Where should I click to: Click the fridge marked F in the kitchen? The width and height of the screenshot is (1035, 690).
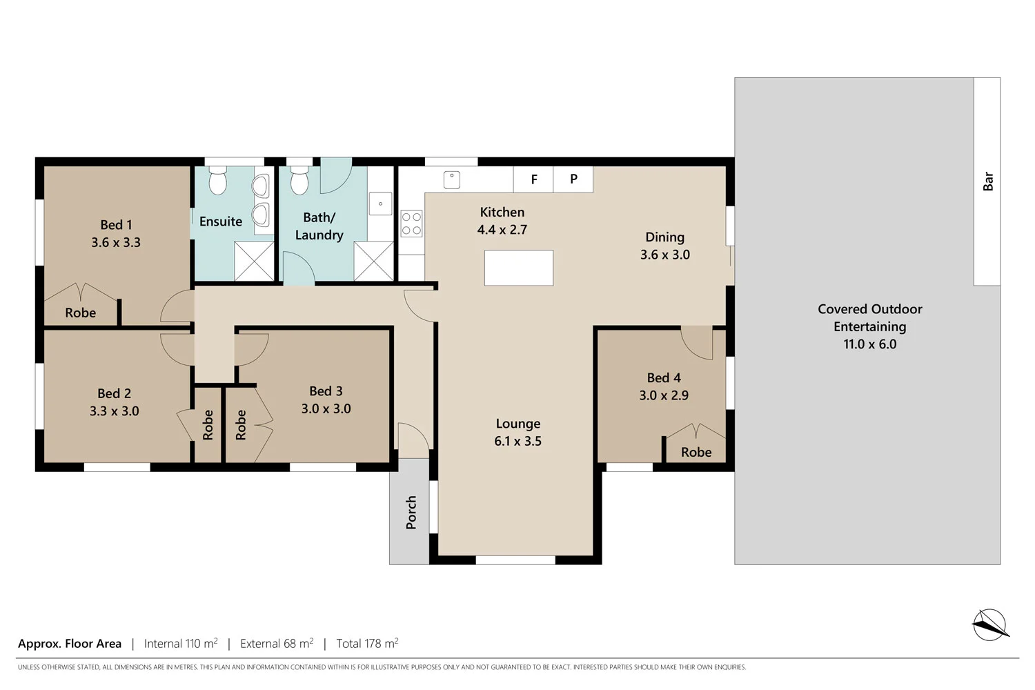[533, 179]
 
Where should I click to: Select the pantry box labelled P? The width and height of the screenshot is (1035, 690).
[573, 179]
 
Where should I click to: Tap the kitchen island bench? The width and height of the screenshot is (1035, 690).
[519, 268]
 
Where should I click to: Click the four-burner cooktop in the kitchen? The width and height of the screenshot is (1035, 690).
[412, 224]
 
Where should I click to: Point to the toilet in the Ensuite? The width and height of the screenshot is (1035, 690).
[218, 181]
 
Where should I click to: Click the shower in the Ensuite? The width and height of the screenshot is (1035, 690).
[254, 261]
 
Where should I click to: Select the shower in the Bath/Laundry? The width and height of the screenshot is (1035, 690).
[373, 261]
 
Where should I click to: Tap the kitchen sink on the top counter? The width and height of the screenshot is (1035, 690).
[452, 179]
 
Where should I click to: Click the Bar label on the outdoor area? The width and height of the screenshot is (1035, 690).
[987, 181]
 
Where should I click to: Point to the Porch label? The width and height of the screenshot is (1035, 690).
[411, 512]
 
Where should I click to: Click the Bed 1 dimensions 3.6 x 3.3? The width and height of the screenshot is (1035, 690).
[116, 242]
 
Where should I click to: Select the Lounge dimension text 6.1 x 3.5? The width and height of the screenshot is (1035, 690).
[517, 441]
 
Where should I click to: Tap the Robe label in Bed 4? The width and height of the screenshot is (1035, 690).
[696, 452]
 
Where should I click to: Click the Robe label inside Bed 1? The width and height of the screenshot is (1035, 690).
[81, 313]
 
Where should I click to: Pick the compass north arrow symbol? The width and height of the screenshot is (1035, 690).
[990, 624]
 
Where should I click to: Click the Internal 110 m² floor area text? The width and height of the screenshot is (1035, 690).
[181, 643]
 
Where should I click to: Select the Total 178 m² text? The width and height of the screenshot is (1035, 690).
[367, 643]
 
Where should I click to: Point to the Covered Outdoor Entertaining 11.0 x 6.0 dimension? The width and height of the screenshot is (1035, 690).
[869, 344]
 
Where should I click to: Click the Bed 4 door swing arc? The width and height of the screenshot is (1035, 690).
[697, 343]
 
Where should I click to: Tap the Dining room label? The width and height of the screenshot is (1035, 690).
[664, 237]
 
